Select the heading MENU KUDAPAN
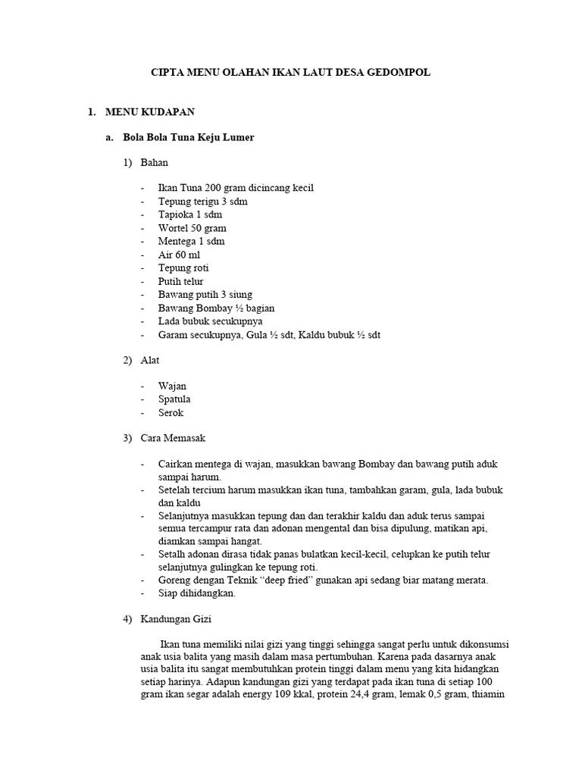[x=149, y=112]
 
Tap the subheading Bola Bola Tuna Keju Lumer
[x=189, y=138]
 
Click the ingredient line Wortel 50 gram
[x=192, y=228]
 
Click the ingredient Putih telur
[x=180, y=281]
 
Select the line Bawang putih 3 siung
[x=205, y=294]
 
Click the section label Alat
[x=150, y=361]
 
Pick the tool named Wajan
[x=172, y=386]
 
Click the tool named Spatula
[x=174, y=399]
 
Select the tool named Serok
[x=171, y=413]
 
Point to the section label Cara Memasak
[x=173, y=439]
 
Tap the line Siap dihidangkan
[x=197, y=594]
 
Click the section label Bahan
[x=154, y=163]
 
